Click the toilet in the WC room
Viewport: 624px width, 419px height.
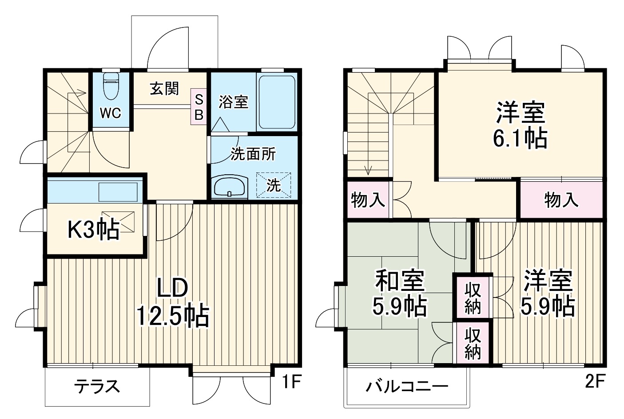point(111,86)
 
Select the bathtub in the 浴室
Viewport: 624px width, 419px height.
point(276,102)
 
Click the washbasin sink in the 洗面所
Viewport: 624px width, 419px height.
point(230,187)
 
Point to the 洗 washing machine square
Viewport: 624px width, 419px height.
point(274,185)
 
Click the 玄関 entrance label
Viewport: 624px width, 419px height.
point(164,89)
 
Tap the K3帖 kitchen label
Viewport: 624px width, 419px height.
point(93,229)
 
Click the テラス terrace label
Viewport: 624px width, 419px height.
point(97,386)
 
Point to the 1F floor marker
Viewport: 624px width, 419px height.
point(291,382)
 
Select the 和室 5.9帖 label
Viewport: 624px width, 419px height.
point(400,293)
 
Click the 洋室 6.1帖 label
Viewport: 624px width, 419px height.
point(520,125)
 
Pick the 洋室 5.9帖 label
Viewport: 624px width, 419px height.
point(548,293)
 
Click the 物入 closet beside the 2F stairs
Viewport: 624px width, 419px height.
point(368,200)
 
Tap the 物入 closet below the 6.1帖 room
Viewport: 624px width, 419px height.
point(561,200)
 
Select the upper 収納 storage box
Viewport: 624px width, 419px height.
point(473,298)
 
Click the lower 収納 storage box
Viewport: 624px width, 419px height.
point(473,344)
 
